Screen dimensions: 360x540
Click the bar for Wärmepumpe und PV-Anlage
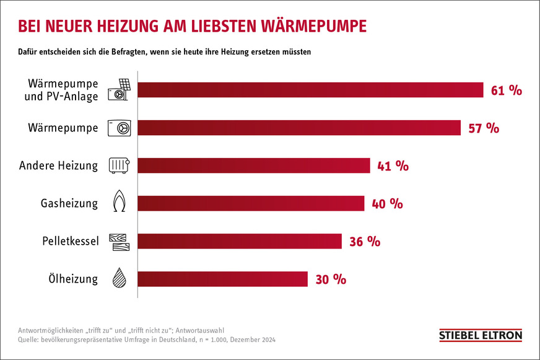310,90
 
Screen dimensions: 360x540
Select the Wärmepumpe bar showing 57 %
298,128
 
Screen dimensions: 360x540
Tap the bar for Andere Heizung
253,165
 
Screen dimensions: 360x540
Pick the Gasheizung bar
250,203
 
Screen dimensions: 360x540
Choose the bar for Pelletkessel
239,241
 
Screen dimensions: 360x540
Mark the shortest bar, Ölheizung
222,279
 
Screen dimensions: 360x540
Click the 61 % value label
507,90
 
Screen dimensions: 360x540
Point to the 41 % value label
392,166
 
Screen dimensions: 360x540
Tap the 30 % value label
331,279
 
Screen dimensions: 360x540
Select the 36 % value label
365,242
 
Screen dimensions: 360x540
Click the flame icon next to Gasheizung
118,203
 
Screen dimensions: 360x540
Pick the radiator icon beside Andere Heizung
118,165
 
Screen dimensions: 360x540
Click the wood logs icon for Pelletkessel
118,241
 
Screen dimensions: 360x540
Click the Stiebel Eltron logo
480,335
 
